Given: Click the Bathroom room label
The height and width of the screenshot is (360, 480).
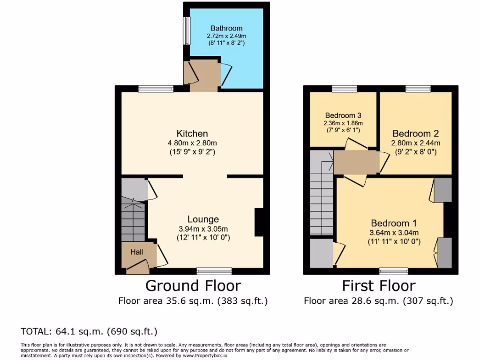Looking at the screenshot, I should (226, 28).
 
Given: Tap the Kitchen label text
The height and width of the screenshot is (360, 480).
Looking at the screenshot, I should (192, 134).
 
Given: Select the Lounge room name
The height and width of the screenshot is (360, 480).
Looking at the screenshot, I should (203, 219).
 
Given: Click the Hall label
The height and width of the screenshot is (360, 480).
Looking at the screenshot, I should (136, 252).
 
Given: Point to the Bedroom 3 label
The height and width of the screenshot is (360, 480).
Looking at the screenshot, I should (343, 115).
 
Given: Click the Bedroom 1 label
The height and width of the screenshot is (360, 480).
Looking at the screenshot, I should (394, 224).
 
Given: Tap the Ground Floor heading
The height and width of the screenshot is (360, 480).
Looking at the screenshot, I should (193, 285).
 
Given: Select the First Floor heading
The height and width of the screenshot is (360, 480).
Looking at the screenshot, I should (378, 285).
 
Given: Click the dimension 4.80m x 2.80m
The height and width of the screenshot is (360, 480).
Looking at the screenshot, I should (192, 143).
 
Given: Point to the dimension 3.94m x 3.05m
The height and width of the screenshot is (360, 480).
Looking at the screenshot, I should (203, 229).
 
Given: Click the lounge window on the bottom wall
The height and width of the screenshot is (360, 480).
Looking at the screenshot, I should (214, 271).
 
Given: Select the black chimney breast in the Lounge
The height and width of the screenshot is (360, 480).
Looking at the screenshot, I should (259, 222).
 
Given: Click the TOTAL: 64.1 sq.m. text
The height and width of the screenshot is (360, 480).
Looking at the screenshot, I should (89, 332).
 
